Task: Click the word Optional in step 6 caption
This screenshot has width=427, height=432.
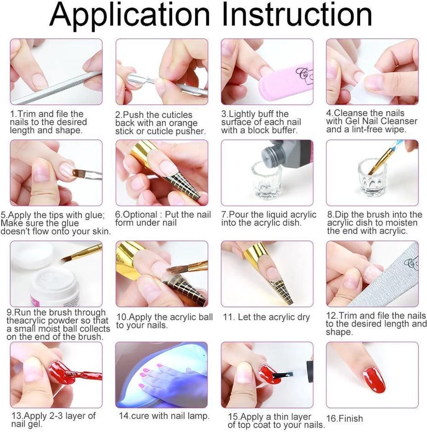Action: pyautogui.click(x=136, y=215)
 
